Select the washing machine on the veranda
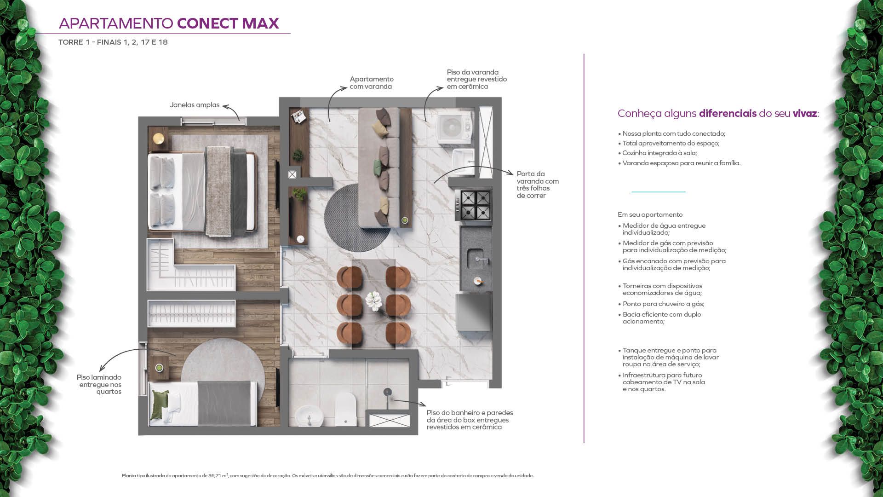coord(454,126)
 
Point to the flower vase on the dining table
coord(373,301)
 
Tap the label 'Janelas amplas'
coord(195,105)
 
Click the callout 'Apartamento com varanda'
coord(372,83)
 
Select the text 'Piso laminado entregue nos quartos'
coord(99,384)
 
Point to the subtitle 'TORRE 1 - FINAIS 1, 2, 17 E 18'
coord(113,42)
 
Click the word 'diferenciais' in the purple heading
coord(728,113)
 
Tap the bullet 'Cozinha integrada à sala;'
coord(658,153)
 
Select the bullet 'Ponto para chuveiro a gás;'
coord(661,304)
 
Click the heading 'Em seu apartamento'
coord(650,214)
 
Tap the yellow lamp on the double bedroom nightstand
coord(158,138)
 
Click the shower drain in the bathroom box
coord(387,392)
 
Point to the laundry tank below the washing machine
coord(463,159)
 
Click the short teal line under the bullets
coord(658,191)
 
